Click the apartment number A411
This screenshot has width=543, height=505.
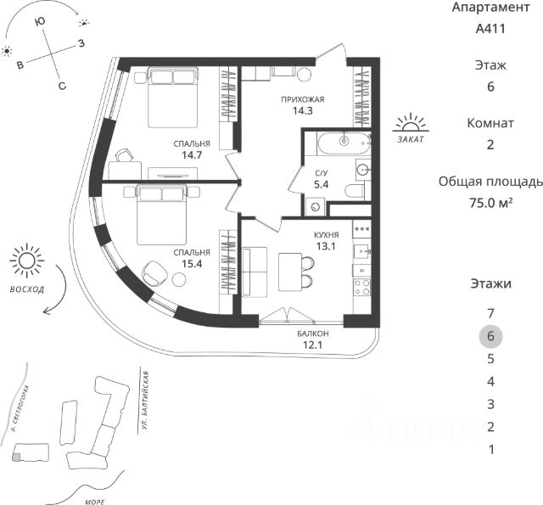pos(490,28)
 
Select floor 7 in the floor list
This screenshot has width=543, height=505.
pos(490,313)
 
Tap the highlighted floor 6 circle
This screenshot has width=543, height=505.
pos(490,336)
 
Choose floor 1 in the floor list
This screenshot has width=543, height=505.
pos(491,450)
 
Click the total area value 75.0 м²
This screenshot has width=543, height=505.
pos(490,202)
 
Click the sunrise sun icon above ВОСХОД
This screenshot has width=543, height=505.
pos(26,261)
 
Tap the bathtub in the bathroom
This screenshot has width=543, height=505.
pos(344,143)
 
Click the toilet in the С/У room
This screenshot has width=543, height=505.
pos(355,191)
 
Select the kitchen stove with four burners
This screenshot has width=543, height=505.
pos(361,288)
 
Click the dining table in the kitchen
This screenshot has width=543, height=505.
pos(290,272)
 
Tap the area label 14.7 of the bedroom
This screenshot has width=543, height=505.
pos(192,154)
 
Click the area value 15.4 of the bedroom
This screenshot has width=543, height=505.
pos(192,264)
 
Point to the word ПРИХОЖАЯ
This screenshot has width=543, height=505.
pos(303,100)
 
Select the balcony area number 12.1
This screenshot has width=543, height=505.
pos(313,345)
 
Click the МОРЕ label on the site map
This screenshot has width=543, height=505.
pos(94,502)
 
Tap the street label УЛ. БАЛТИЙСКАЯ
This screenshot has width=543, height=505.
pos(145,401)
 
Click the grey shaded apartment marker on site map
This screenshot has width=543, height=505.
pos(16,457)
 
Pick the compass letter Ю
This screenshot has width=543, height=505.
pos(40,21)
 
